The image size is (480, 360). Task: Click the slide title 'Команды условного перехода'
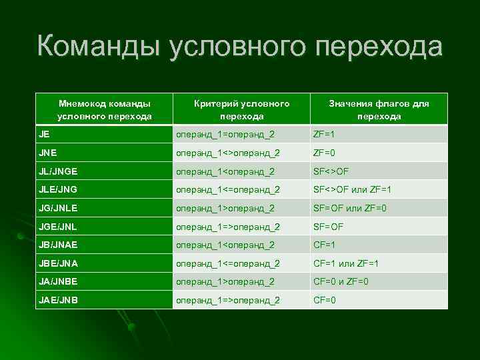tap(239, 49)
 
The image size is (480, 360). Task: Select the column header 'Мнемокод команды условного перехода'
tap(104, 109)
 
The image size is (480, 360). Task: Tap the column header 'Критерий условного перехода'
tap(241, 109)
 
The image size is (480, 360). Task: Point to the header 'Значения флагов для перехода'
tap(379, 109)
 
